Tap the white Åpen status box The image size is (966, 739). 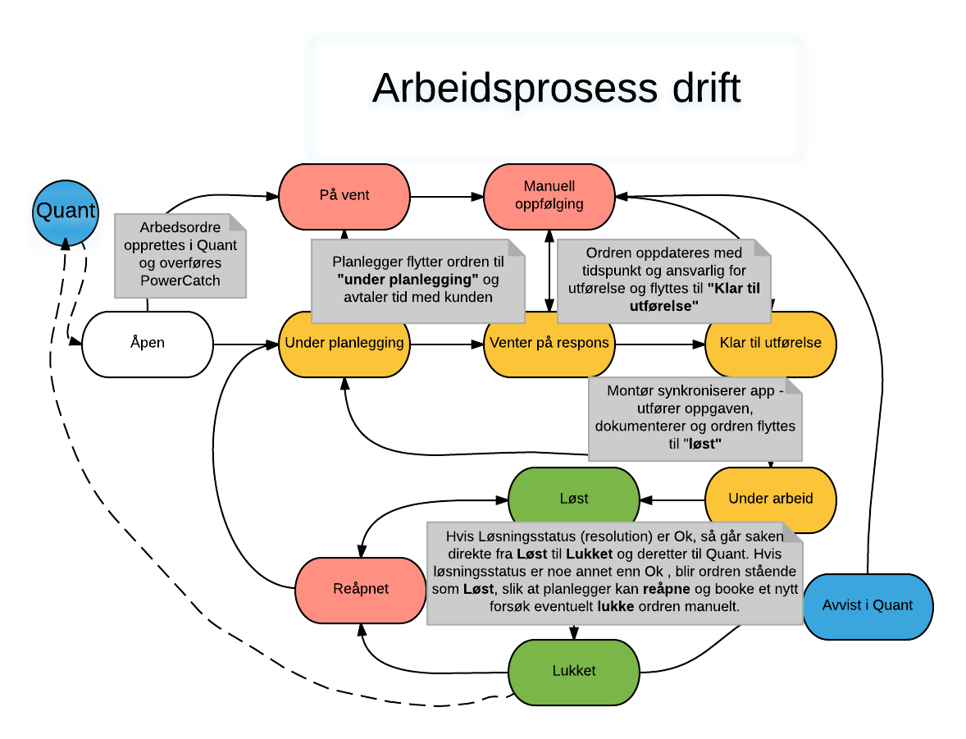pos(148,344)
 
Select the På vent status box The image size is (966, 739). pos(344,196)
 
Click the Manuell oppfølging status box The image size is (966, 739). pos(549,196)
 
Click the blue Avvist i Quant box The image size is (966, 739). pos(868,606)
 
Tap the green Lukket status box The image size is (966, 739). pos(574,671)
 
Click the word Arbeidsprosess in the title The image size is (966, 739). pos(514,89)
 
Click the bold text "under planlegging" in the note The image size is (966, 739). pos(408,279)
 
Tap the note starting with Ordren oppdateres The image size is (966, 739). pos(664,280)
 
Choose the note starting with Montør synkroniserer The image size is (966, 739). pos(695,417)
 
